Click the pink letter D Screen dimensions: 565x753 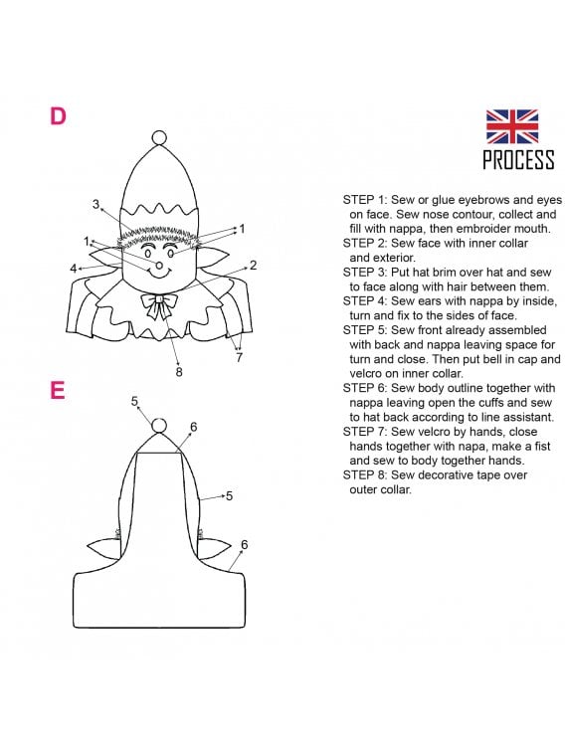(58, 116)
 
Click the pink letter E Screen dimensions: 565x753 (58, 391)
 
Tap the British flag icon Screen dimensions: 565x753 (512, 126)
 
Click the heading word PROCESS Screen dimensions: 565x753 (518, 159)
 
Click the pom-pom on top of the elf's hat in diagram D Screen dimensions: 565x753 (159, 138)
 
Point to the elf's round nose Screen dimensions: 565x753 (159, 266)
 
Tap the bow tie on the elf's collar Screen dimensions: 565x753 (159, 305)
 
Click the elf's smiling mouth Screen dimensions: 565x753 (159, 275)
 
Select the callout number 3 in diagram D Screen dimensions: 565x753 (96, 204)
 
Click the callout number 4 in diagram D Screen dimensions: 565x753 (74, 269)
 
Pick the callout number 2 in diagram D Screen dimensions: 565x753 (253, 265)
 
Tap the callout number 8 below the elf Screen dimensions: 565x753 (179, 372)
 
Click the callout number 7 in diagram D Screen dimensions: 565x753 (239, 357)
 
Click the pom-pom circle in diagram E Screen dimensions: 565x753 (159, 426)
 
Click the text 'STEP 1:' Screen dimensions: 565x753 (365, 200)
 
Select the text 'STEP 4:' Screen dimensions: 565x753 (365, 301)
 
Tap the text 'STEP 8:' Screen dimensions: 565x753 (365, 474)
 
